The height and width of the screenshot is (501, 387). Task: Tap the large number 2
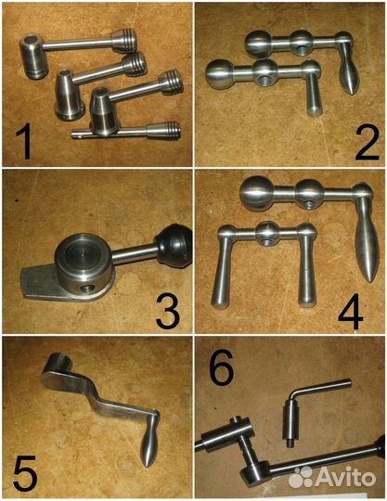click(x=367, y=142)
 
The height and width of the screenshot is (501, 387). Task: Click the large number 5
click(x=25, y=475)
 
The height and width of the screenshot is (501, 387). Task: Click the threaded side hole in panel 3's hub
click(x=87, y=289)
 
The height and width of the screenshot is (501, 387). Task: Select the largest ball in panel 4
click(x=255, y=193)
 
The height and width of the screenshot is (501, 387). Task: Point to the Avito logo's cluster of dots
click(x=301, y=477)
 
